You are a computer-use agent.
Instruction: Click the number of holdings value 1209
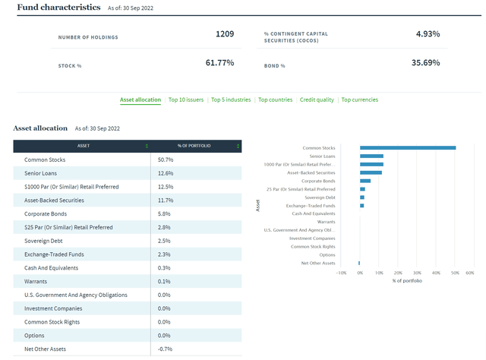[224, 34]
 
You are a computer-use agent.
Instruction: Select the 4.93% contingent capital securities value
[428, 34]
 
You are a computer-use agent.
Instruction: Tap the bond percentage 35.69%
[425, 62]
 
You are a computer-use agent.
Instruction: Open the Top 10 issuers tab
[186, 99]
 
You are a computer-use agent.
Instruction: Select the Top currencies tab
[359, 99]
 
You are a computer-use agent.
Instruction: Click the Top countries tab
[275, 99]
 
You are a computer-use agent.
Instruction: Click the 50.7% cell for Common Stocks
[166, 160]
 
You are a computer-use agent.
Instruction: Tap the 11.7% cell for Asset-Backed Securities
[166, 201]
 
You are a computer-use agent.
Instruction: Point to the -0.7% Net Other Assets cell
[166, 349]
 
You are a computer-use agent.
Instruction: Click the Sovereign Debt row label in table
[45, 241]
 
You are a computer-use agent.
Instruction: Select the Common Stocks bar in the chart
[407, 148]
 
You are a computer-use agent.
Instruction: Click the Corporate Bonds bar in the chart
[365, 181]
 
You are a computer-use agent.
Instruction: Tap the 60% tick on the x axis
[470, 272]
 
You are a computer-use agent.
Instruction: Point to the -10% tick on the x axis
[341, 272]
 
